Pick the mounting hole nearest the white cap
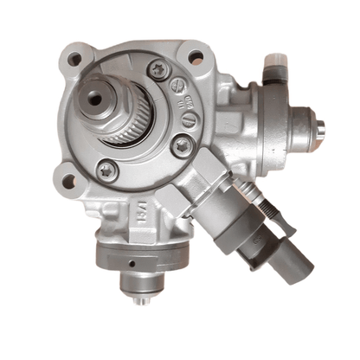click(195, 59)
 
